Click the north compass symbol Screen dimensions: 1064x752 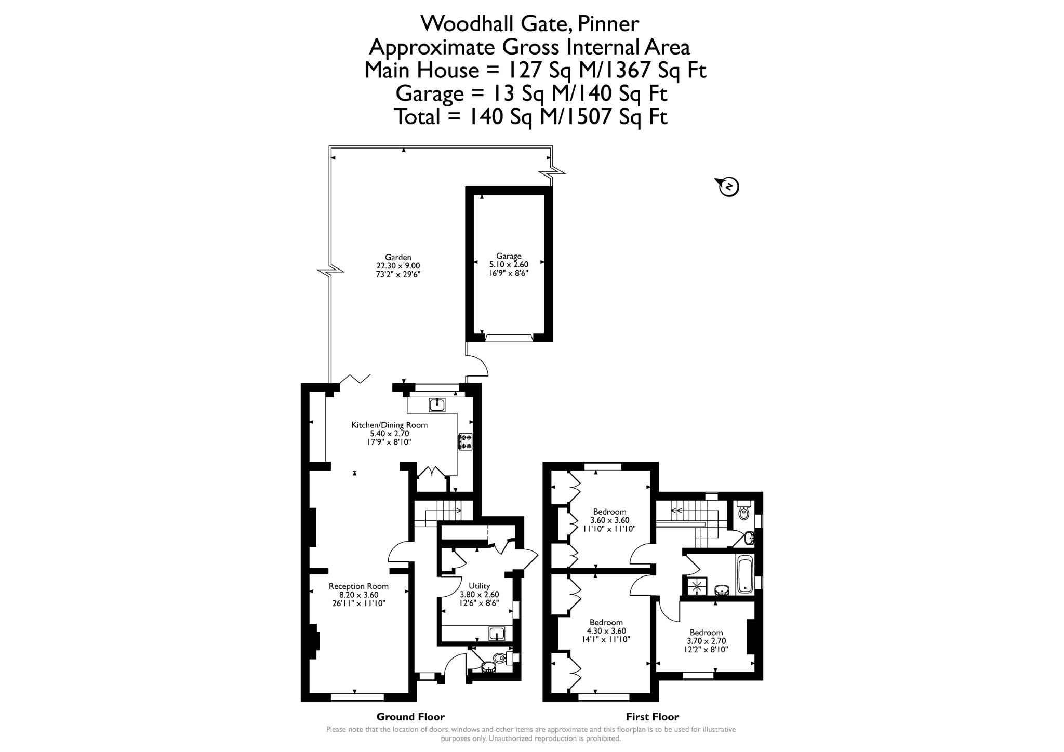(728, 186)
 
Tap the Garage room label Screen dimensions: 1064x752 (509, 256)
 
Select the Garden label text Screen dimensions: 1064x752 (398, 257)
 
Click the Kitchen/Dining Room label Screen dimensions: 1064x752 (390, 425)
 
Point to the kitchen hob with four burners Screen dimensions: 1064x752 (465, 441)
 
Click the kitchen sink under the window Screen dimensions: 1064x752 (437, 405)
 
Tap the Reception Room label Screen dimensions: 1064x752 (358, 586)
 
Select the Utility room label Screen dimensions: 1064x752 (480, 586)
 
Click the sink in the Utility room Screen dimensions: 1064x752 (497, 634)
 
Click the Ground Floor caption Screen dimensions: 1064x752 (410, 717)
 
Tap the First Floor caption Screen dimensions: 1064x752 (652, 717)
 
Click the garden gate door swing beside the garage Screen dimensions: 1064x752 (478, 365)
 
